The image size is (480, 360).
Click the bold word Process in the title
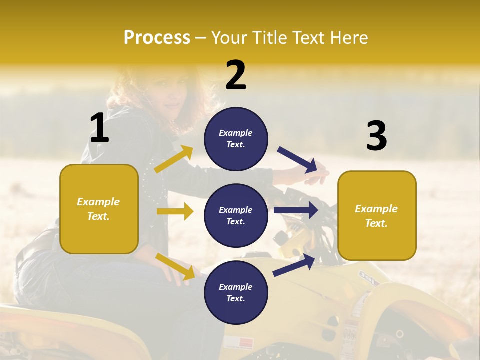point(157,37)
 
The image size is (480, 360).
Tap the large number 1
point(99,128)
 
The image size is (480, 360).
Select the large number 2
point(236,75)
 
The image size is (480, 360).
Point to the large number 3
point(376,136)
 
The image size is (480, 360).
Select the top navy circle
point(236,139)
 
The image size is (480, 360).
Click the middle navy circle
point(236,215)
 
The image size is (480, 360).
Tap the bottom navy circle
point(236,292)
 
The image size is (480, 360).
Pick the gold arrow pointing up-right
point(174,159)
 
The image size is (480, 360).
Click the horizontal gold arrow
point(175,211)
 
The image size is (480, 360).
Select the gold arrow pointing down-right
point(175,266)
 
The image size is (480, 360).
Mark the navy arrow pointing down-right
point(298,160)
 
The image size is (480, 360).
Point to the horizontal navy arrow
point(296,210)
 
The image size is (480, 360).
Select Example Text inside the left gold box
point(98,209)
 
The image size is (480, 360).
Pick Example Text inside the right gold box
point(376,216)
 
